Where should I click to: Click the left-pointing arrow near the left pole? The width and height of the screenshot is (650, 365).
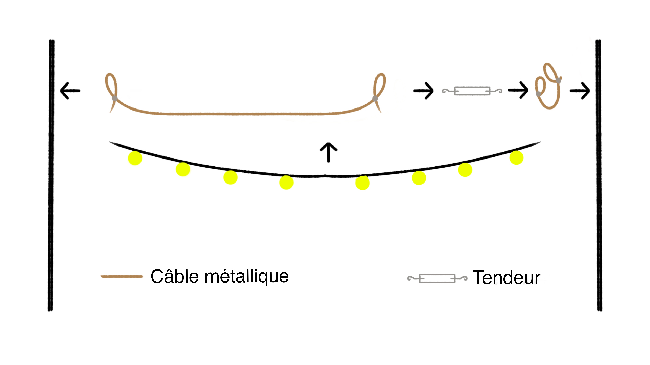(70, 91)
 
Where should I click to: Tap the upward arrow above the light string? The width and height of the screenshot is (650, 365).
(328, 152)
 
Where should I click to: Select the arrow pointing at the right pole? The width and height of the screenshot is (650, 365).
(580, 91)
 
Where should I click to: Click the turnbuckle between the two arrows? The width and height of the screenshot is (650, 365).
(472, 91)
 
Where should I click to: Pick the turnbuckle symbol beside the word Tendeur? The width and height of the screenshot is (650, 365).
(437, 278)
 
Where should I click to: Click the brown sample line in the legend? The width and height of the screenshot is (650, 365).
(122, 276)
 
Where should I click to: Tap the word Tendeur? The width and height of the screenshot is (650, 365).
(506, 278)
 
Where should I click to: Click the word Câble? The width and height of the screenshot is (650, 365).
(174, 276)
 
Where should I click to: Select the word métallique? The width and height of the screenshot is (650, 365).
(247, 277)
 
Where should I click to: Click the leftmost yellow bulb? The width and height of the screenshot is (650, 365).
(135, 158)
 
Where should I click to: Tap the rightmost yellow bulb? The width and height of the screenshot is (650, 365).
(516, 157)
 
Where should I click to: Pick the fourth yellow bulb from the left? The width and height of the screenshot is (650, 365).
(286, 182)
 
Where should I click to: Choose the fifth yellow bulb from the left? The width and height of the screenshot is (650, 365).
(362, 183)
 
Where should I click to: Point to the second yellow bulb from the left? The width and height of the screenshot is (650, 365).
(183, 169)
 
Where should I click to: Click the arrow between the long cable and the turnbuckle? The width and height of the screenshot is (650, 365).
(424, 91)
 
